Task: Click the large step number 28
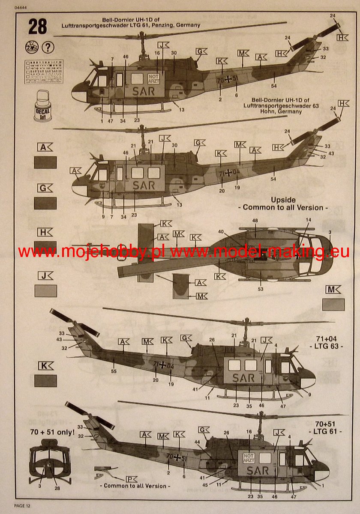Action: pyautogui.click(x=38, y=27)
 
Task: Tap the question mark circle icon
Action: pyautogui.click(x=48, y=46)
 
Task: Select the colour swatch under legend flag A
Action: pyautogui.click(x=45, y=162)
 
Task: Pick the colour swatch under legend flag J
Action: pyautogui.click(x=45, y=291)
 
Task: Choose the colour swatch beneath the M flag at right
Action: pyautogui.click(x=333, y=305)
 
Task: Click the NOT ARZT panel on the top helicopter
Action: pyautogui.click(x=153, y=78)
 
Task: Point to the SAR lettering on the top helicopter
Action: pyautogui.click(x=144, y=91)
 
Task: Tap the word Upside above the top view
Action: pyautogui.click(x=283, y=200)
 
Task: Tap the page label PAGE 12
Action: pyautogui.click(x=23, y=506)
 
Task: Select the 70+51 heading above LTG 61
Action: pyautogui.click(x=326, y=424)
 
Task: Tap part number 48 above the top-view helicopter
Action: pyautogui.click(x=255, y=220)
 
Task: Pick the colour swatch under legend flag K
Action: pyautogui.click(x=45, y=381)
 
